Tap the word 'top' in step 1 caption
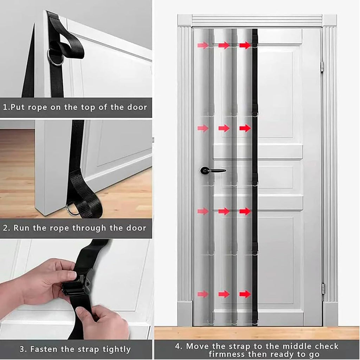pyautogui.click(x=88, y=108)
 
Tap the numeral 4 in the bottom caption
pyautogui.click(x=178, y=346)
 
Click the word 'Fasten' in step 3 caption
pyautogui.click(x=44, y=349)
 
